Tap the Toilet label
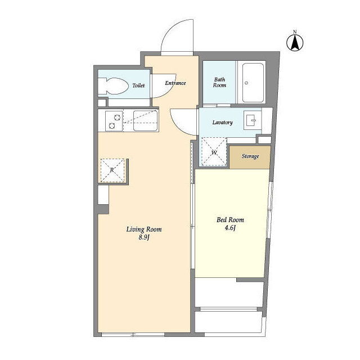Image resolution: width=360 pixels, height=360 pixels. pyautogui.click(x=138, y=85)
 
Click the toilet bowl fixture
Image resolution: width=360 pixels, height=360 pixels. pyautogui.click(x=113, y=86)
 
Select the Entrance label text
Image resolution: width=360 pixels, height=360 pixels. pyautogui.click(x=175, y=83)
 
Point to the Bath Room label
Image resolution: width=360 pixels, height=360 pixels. pyautogui.click(x=219, y=83)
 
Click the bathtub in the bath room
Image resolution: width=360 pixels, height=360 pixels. pyautogui.click(x=253, y=83)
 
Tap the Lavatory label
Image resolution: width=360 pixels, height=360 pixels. pyautogui.click(x=223, y=123)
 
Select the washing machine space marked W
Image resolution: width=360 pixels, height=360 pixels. pyautogui.click(x=214, y=152)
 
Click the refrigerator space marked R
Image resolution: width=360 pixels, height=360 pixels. pyautogui.click(x=112, y=170)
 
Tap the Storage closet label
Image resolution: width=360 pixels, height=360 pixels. pyautogui.click(x=250, y=156)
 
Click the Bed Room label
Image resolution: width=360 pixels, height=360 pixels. pyautogui.click(x=230, y=220)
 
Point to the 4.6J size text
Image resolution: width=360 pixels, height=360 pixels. pyautogui.click(x=230, y=228)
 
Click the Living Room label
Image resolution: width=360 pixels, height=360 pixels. pyautogui.click(x=144, y=229)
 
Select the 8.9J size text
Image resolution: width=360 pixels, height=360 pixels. pyautogui.click(x=144, y=237)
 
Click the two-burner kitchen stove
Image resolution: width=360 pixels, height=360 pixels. pyautogui.click(x=114, y=121)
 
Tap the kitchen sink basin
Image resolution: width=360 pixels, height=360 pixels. pyautogui.click(x=145, y=121)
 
